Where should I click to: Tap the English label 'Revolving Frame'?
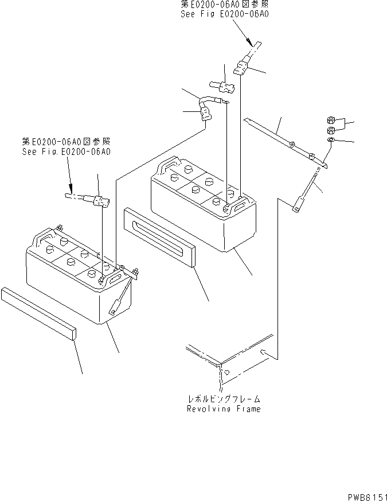pos(223,409)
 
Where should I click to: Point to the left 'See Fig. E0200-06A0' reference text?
pos(66,152)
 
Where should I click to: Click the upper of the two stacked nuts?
pos(331,121)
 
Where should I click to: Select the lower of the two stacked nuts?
pos(331,130)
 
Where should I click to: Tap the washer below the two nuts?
pos(332,140)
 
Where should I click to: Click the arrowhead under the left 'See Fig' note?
pos(71,188)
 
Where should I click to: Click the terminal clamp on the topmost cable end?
pos(241,68)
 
